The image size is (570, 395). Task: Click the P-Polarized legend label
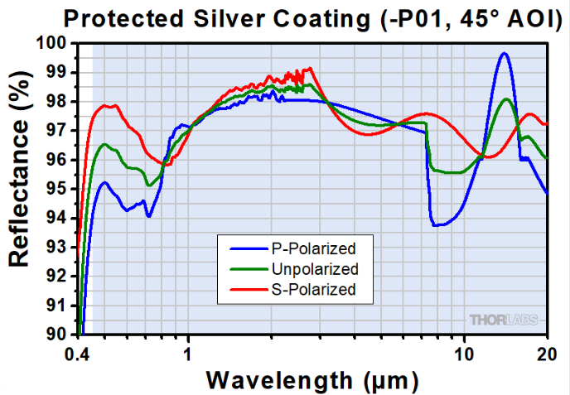[312, 248]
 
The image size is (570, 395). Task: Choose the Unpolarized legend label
[315, 268]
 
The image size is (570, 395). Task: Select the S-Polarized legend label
[313, 289]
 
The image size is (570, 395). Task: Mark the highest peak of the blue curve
[504, 53]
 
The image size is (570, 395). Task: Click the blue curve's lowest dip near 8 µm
[436, 224]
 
